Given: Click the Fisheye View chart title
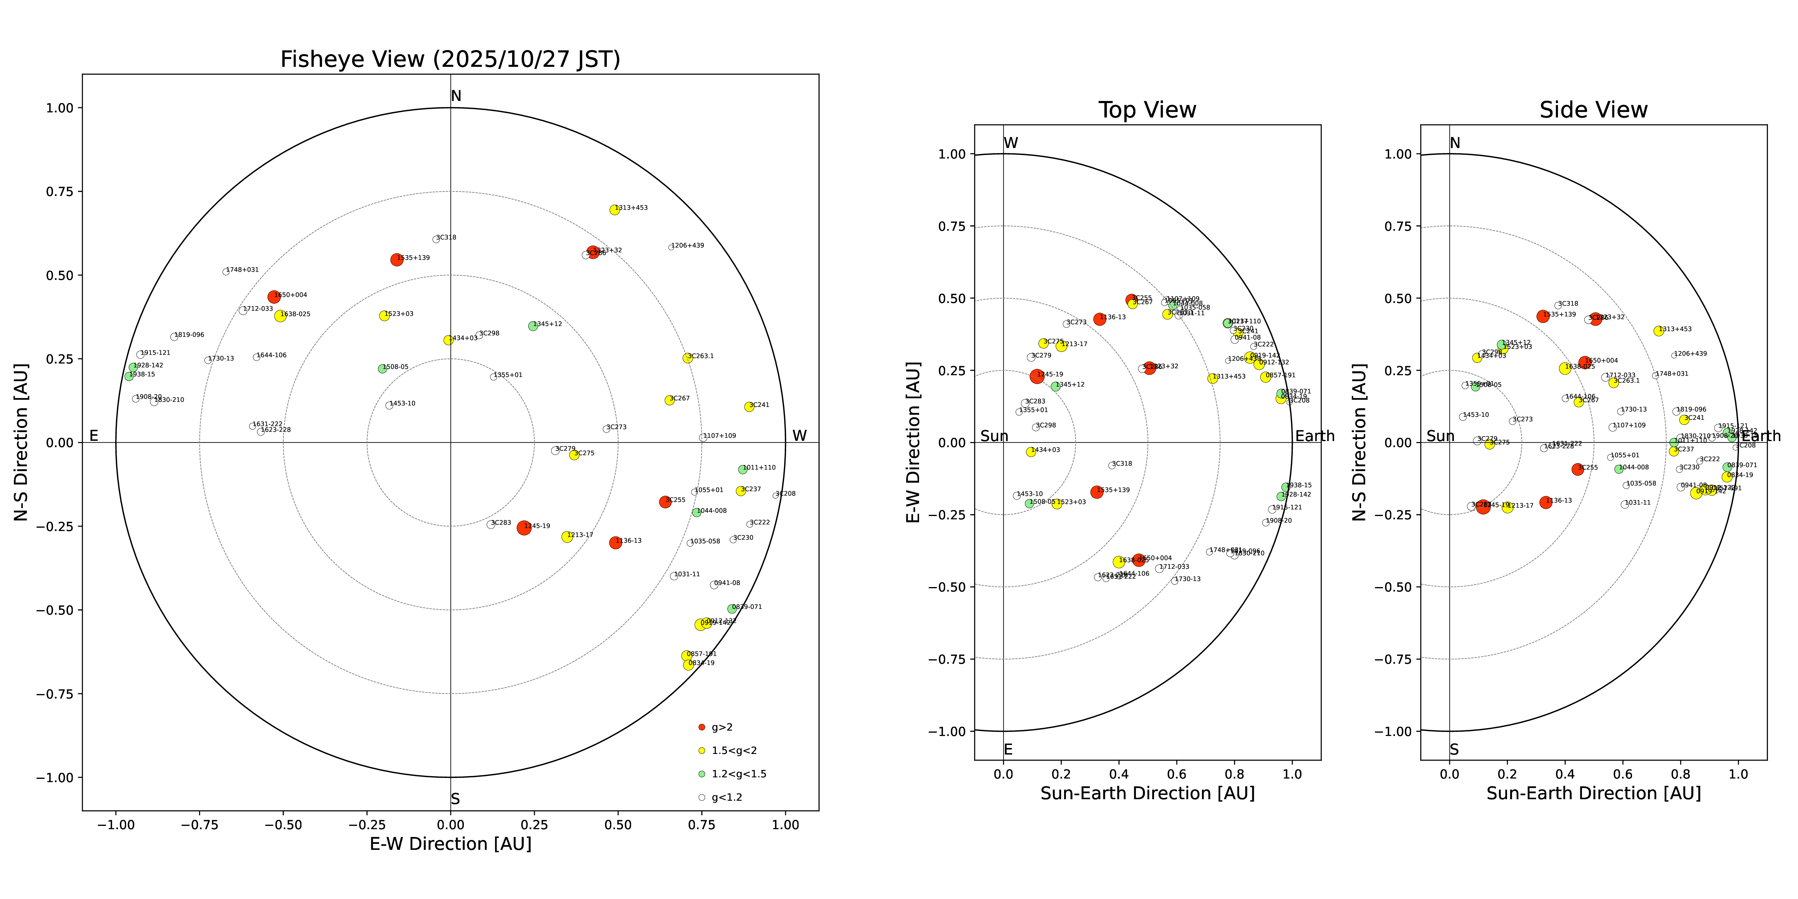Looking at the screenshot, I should click(x=450, y=59).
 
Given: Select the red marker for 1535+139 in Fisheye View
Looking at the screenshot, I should click(x=396, y=260).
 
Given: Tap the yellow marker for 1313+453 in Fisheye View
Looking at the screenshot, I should click(x=614, y=209).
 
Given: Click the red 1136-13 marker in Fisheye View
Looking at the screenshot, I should click(x=615, y=542).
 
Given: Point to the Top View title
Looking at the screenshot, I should click(x=1147, y=110).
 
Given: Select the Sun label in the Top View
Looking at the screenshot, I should click(x=994, y=436).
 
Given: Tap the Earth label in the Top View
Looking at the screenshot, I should click(x=1314, y=436).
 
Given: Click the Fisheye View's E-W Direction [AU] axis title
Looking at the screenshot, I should click(x=450, y=844).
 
